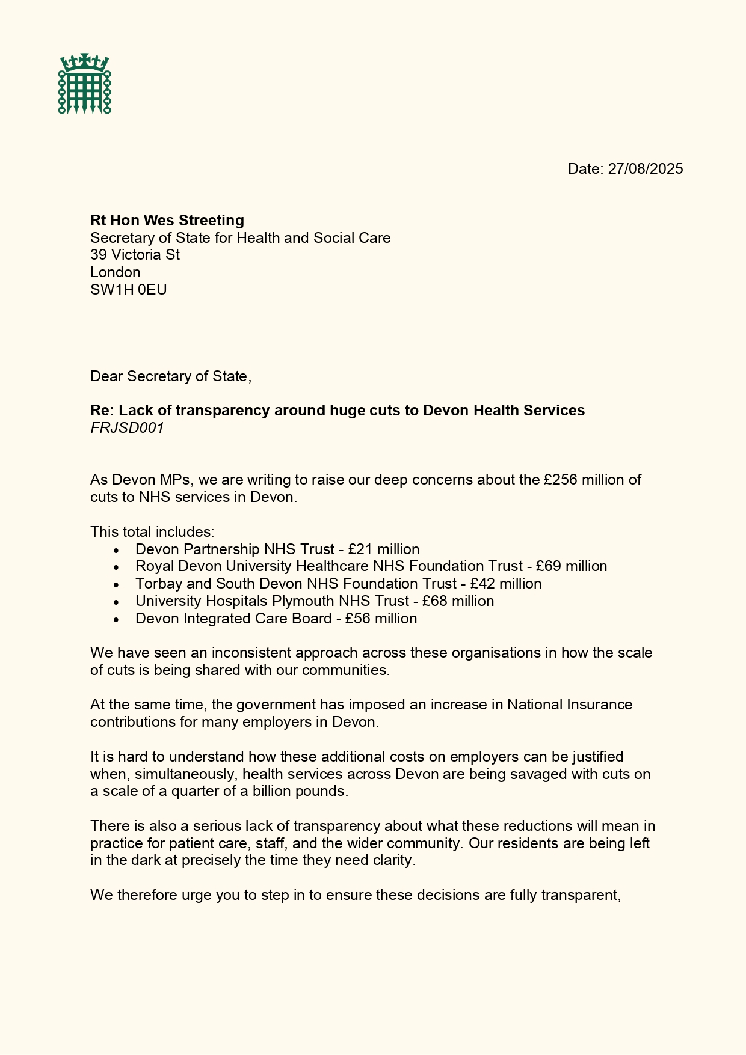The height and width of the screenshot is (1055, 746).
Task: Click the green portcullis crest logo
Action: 85,84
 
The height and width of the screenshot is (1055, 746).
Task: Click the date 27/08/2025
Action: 645,169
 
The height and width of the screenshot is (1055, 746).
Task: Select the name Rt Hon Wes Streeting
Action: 167,221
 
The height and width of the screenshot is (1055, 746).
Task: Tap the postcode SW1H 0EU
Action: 129,290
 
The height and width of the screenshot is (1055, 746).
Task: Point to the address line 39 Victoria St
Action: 135,255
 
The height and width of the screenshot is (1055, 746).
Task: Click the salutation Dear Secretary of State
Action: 170,376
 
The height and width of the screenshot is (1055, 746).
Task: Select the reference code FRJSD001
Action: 127,428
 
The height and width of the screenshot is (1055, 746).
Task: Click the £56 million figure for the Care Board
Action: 381,619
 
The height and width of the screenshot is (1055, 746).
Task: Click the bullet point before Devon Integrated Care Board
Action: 116,619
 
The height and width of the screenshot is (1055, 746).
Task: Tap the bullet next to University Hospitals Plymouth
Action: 116,602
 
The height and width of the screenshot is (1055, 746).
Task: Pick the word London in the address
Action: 116,272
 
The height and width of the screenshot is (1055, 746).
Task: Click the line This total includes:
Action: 152,532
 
